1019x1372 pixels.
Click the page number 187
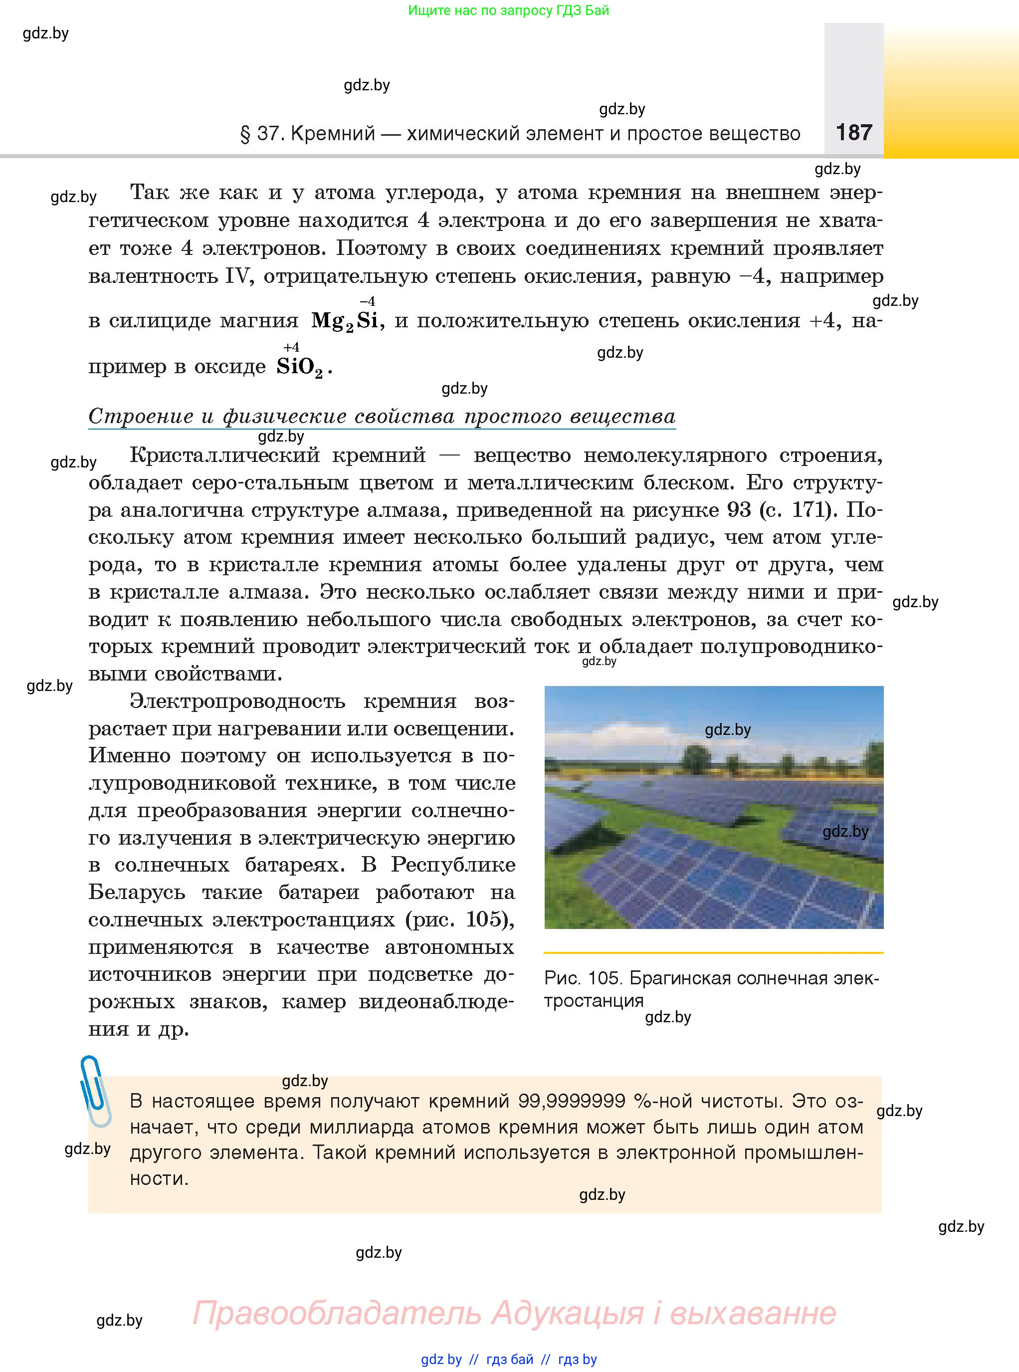click(x=854, y=132)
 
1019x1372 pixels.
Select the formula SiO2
click(x=300, y=368)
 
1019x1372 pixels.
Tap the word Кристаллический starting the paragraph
click(x=225, y=456)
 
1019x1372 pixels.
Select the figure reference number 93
click(x=738, y=510)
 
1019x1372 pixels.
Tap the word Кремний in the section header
click(x=333, y=133)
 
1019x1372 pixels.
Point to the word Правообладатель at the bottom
click(x=336, y=1313)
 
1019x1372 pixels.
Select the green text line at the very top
click(x=508, y=10)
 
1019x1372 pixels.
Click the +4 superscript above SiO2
click(x=291, y=347)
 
